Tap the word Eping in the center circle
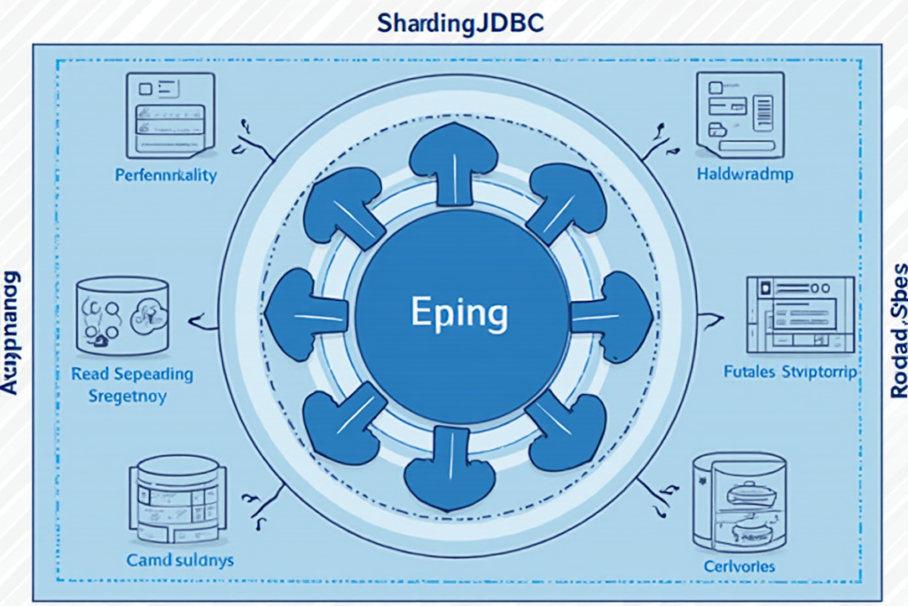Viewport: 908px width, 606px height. point(459,313)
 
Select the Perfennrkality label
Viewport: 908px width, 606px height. point(166,175)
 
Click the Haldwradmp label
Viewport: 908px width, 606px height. point(745,175)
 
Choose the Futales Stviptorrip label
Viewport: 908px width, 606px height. point(790,373)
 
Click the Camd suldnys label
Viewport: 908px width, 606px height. point(180,560)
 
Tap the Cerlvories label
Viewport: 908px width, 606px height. point(739,565)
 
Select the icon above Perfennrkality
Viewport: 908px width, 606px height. point(171,114)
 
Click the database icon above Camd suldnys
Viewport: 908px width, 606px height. point(174,500)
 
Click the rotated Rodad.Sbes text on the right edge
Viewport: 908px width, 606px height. point(897,329)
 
